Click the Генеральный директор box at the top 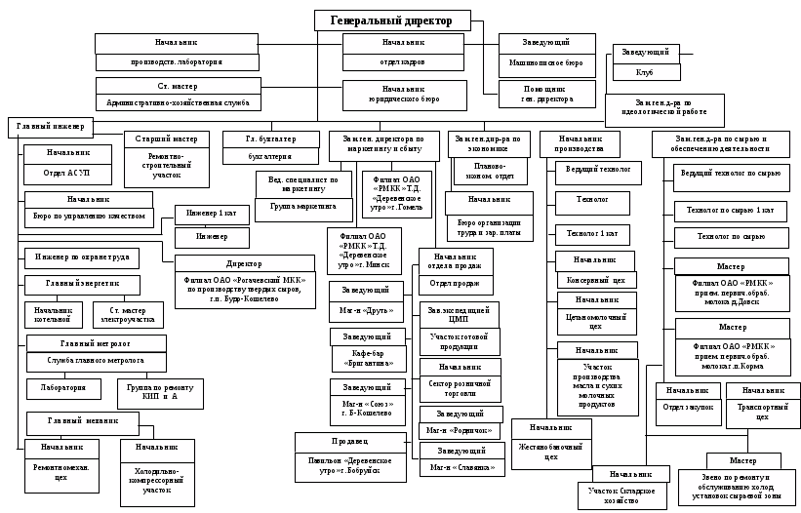click(391, 20)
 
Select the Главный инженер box click(50, 126)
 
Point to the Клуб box click(644, 72)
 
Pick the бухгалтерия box click(270, 155)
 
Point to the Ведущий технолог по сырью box click(731, 174)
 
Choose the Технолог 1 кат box click(593, 233)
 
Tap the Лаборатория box click(62, 387)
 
